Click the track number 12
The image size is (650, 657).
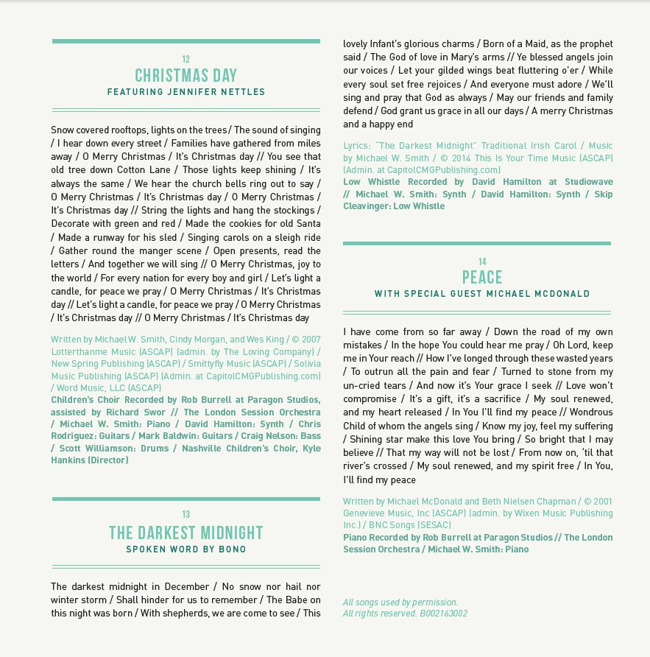click(x=186, y=60)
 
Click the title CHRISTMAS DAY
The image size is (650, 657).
click(x=186, y=76)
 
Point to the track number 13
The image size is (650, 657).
click(x=186, y=515)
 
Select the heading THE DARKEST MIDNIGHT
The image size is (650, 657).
click(x=186, y=533)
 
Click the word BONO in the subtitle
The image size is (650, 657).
click(x=233, y=549)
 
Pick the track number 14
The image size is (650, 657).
click(x=482, y=261)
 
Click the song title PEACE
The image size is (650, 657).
click(x=482, y=278)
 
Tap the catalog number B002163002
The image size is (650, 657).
click(x=443, y=614)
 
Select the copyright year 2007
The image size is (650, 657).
click(x=310, y=340)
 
